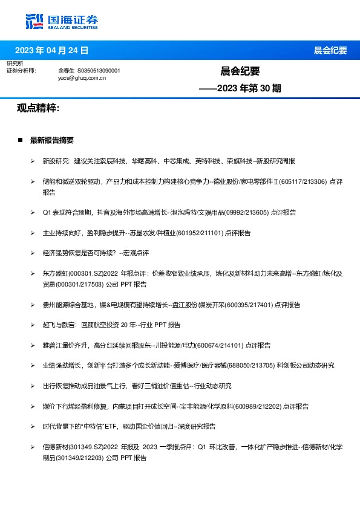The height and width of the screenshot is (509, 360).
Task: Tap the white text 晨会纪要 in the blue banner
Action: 330,50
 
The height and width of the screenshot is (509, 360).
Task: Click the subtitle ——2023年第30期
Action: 240,88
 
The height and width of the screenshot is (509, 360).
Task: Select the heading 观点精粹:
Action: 38,108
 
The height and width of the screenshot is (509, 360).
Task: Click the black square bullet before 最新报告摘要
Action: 21,140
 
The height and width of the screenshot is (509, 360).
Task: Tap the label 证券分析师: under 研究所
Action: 21,71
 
